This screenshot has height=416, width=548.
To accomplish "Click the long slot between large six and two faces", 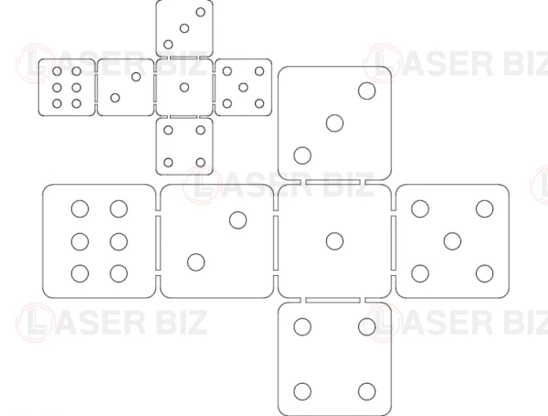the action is click(x=158, y=243).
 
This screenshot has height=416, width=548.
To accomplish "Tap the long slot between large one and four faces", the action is click(x=332, y=300).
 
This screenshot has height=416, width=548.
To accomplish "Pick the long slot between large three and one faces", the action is click(x=332, y=182).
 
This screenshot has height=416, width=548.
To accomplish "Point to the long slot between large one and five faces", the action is click(x=394, y=243).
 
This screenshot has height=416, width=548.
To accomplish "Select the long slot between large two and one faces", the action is click(x=276, y=243).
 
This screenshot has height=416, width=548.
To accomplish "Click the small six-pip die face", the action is click(x=67, y=87).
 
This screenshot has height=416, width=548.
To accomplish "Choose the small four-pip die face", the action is click(x=184, y=146).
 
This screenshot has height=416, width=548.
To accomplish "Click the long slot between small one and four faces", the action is click(x=184, y=116).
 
